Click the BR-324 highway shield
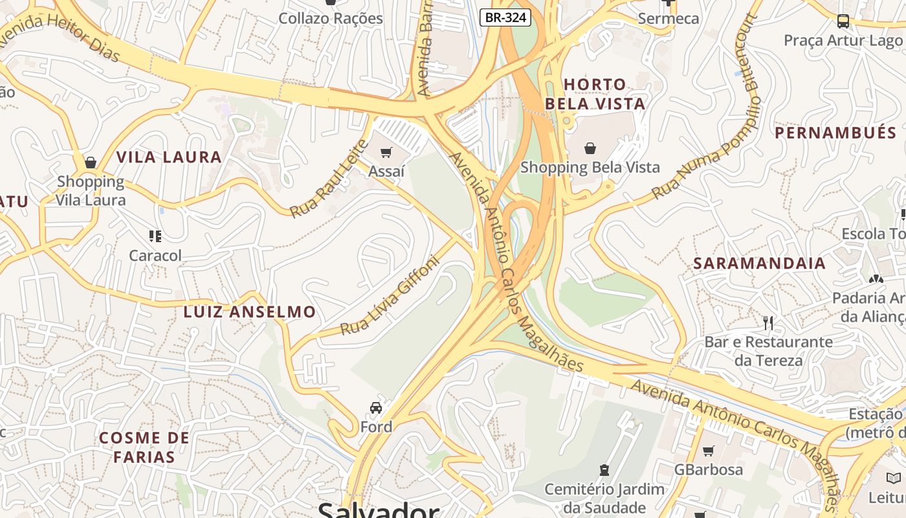505,17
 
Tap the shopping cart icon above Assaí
386,152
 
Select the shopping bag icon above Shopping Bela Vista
590,148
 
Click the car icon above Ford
376,407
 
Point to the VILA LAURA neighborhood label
169,157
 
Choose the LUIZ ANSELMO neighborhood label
250,311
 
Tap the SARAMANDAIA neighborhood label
760,263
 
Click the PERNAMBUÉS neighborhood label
835,133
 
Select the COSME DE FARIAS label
144,447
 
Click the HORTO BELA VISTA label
595,94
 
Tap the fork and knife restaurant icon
768,322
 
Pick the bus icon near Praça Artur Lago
843,21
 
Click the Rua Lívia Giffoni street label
390,296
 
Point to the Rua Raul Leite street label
328,178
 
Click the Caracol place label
155,255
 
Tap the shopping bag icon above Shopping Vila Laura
91,162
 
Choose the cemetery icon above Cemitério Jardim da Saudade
604,469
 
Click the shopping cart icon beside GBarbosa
709,451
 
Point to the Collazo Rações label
331,18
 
